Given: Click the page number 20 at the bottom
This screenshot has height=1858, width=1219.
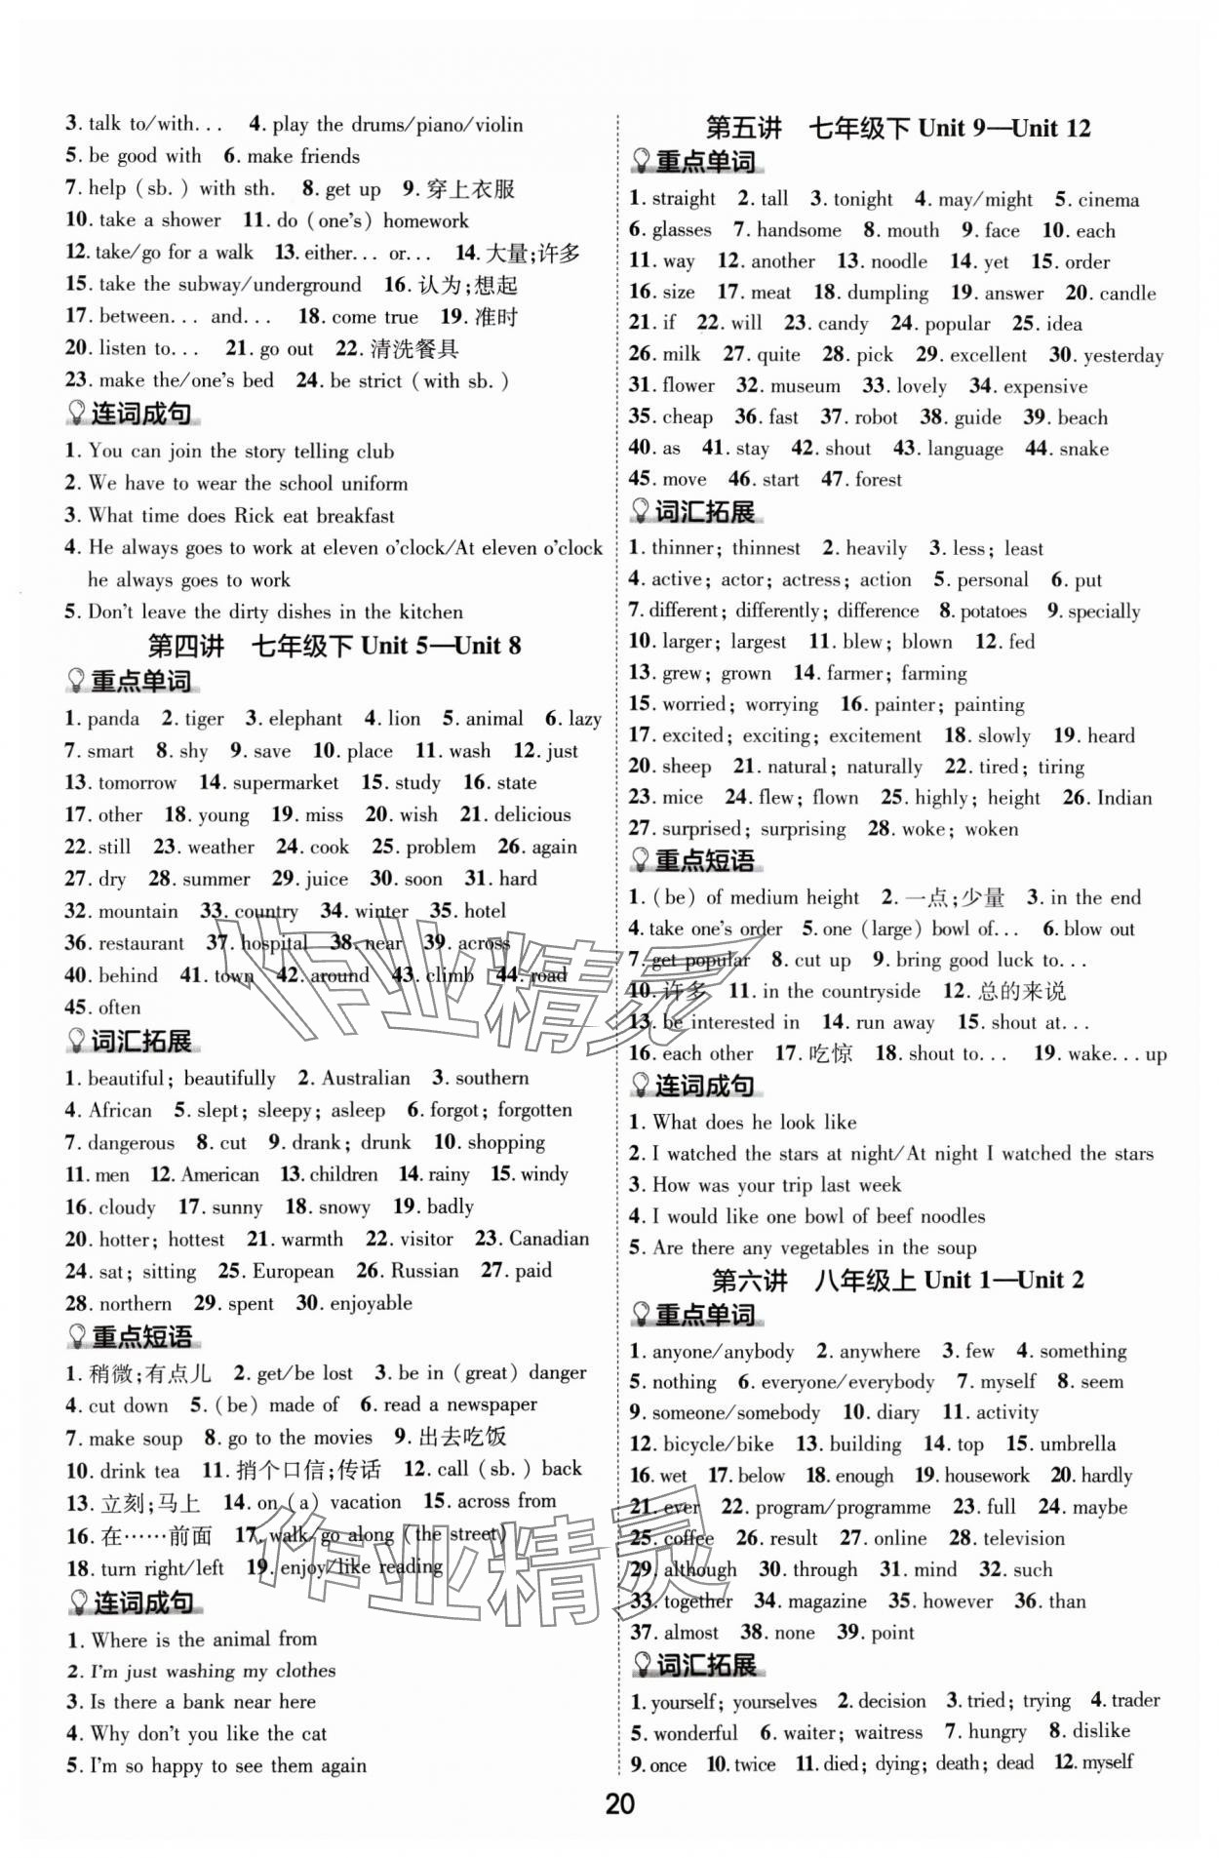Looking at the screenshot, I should click(x=619, y=1803).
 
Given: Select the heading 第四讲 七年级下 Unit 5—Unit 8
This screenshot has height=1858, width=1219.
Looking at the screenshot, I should click(x=334, y=645).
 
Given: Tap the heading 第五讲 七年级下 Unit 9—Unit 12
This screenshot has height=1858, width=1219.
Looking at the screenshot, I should click(x=897, y=128).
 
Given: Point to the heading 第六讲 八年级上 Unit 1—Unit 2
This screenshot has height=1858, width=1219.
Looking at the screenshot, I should click(x=897, y=1280).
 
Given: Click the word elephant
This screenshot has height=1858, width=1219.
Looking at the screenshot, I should click(x=305, y=719).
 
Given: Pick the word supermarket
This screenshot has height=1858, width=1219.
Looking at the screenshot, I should click(x=285, y=782).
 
